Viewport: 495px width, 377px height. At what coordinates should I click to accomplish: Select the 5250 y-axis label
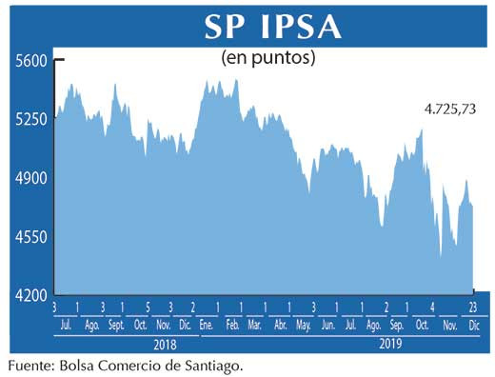point(30,120)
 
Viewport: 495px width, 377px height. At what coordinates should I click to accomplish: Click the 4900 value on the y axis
point(30,178)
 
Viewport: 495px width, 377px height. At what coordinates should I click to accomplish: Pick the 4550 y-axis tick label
point(30,237)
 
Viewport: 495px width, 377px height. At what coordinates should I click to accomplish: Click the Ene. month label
point(207,325)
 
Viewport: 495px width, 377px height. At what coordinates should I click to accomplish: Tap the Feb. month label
point(231,325)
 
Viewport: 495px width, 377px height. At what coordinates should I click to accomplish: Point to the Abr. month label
point(280,325)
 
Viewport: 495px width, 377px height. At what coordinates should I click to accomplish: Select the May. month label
point(304,325)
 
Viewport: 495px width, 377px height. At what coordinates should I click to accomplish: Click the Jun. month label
point(328,325)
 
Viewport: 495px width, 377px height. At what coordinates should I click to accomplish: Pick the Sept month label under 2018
point(115,325)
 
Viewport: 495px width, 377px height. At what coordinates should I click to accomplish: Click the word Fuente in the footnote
point(30,364)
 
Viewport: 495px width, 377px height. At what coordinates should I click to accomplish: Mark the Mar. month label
point(255,325)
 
